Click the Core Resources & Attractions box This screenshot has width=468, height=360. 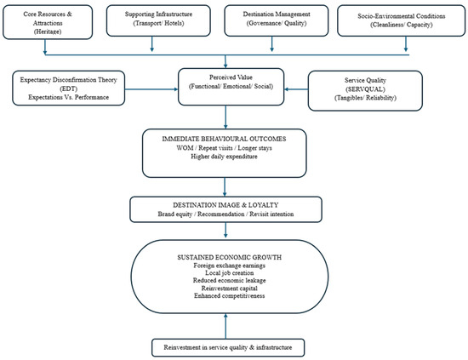[48, 22]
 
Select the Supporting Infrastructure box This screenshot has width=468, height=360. [158, 20]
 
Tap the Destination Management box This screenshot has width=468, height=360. [277, 20]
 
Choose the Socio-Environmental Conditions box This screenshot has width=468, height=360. [401, 20]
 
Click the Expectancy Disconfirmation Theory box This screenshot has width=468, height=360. [69, 88]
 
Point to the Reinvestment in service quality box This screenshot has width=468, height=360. [228, 347]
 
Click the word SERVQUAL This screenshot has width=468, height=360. [365, 89]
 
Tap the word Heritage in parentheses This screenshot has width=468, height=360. [48, 31]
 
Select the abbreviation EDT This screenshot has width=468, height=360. [69, 89]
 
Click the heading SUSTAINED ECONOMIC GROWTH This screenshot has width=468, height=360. [229, 257]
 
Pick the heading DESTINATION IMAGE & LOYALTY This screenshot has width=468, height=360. [225, 205]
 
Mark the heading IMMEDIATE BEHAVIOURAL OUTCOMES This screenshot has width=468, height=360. [224, 139]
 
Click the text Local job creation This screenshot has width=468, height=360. [229, 273]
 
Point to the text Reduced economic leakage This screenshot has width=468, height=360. [229, 280]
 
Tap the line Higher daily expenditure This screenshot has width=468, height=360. [224, 157]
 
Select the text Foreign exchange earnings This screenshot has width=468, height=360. [229, 266]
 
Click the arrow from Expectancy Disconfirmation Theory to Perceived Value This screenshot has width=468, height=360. [151, 89]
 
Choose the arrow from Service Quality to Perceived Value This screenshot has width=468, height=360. [296, 89]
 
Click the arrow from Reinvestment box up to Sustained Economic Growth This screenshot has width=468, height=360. [225, 326]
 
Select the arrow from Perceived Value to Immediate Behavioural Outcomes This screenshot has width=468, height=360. [225, 117]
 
